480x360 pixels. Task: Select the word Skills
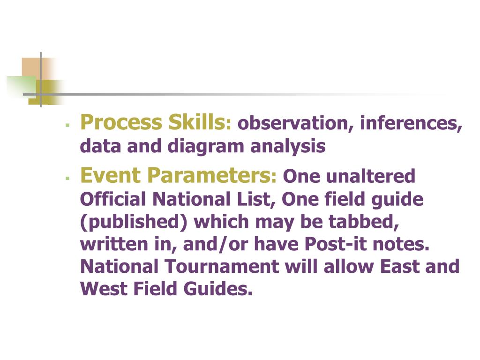coord(197,123)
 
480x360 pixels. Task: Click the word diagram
coord(207,147)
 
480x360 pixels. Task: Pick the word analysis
coord(288,147)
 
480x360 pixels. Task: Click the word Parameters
coord(204,176)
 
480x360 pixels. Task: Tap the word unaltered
coord(370,177)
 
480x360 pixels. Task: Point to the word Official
coord(113,200)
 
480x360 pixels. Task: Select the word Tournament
coord(221,267)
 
